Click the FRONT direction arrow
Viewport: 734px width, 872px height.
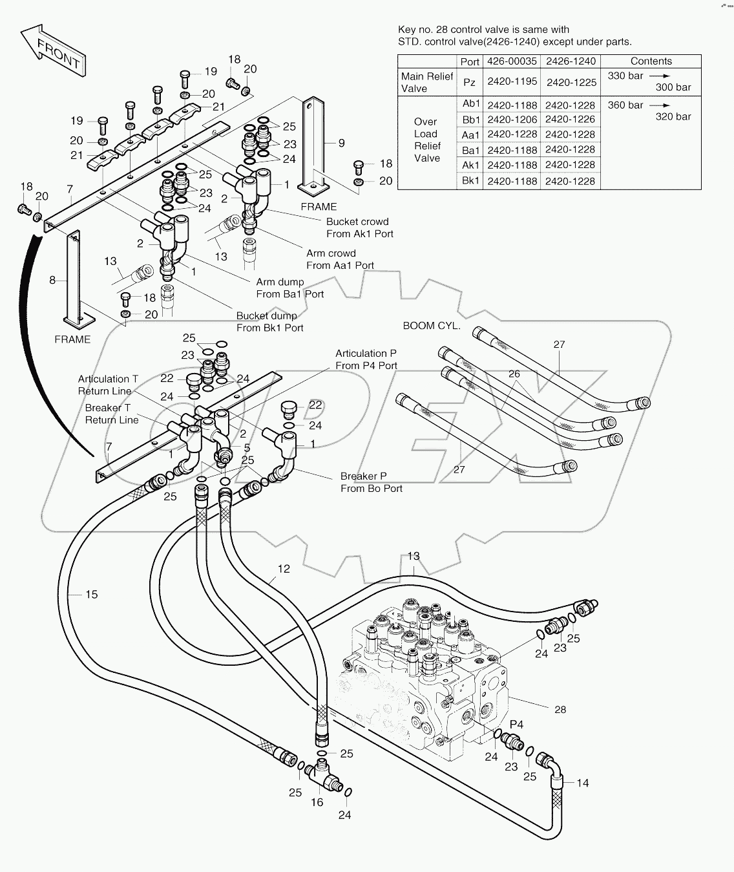(x=54, y=51)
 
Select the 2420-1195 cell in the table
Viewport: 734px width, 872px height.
(x=512, y=82)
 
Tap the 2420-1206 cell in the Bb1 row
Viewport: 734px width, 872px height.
(x=512, y=120)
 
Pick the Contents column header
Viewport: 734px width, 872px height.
(x=651, y=61)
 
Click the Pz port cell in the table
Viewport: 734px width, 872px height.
(x=470, y=83)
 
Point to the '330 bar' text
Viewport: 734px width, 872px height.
(x=625, y=76)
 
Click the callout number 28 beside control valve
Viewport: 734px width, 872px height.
(x=560, y=710)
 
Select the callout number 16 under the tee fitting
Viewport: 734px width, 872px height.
(x=317, y=802)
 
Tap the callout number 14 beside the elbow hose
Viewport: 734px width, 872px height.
(x=582, y=783)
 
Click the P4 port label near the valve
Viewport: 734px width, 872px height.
(x=516, y=725)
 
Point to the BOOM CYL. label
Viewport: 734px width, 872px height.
(x=432, y=326)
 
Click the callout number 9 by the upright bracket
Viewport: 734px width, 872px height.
(x=341, y=143)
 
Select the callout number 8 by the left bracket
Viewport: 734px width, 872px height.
(x=52, y=281)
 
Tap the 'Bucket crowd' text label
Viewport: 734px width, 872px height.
(x=357, y=222)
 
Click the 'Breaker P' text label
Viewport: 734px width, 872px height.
(x=363, y=476)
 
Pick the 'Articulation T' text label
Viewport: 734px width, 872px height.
(x=108, y=379)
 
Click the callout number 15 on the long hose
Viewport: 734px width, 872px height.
(x=92, y=594)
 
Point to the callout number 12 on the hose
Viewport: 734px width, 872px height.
(x=284, y=569)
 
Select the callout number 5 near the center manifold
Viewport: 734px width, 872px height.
(x=247, y=448)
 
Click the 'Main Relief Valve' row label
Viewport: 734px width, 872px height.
(x=427, y=82)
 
